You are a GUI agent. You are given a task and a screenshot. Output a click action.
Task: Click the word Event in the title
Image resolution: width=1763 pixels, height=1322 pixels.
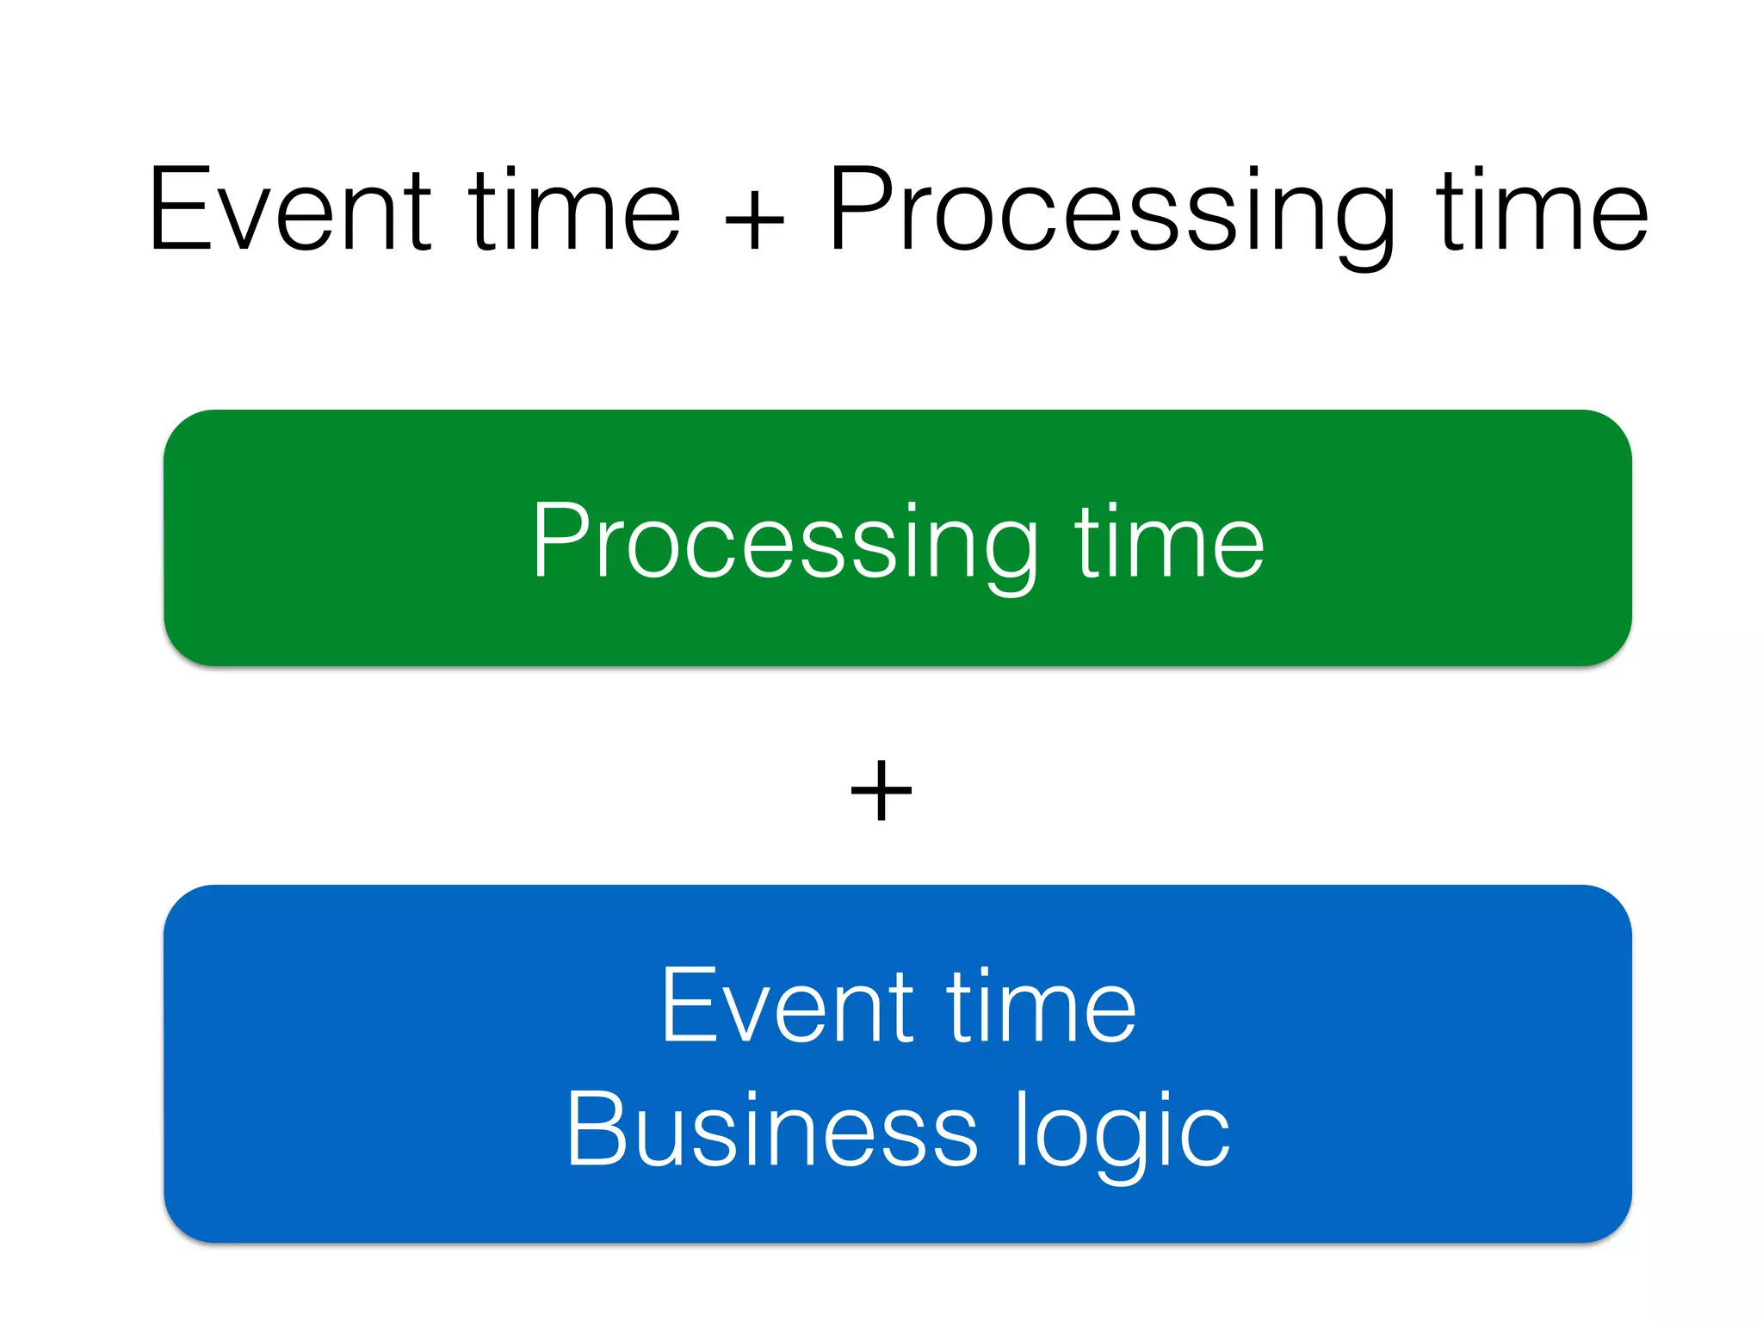(x=289, y=211)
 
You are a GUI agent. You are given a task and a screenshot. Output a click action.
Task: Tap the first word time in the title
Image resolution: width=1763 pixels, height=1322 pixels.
(x=575, y=211)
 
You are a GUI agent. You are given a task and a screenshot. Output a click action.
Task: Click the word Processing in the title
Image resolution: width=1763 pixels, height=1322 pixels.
(x=1110, y=215)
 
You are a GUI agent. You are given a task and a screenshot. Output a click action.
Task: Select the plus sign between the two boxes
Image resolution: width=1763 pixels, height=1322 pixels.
(x=881, y=790)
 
